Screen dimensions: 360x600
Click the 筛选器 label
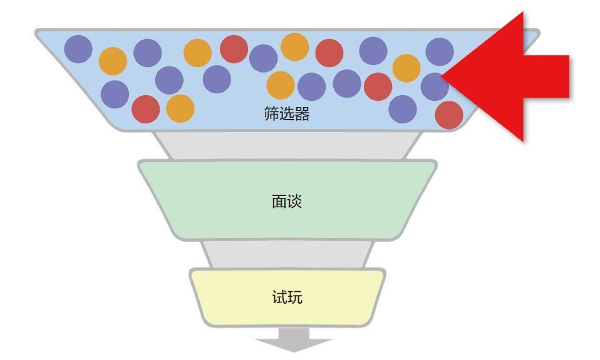click(x=286, y=115)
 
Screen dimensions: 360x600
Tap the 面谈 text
click(x=286, y=202)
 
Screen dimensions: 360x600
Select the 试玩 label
click(x=287, y=297)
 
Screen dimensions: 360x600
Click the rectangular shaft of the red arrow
click(x=545, y=76)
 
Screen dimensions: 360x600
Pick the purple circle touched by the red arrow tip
click(x=435, y=86)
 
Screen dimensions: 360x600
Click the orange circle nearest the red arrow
click(x=406, y=68)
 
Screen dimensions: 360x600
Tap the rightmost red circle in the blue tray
click(x=448, y=115)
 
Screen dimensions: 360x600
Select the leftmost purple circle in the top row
click(x=78, y=48)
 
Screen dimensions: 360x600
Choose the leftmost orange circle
click(x=113, y=61)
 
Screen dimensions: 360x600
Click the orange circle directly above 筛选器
click(x=281, y=85)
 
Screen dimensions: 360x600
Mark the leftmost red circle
click(x=145, y=109)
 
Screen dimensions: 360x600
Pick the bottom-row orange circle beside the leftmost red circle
click(x=180, y=108)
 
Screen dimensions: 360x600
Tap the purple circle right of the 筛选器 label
click(x=403, y=109)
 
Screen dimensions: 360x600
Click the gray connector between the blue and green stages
click(x=287, y=145)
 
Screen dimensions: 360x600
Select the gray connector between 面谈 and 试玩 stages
click(x=287, y=254)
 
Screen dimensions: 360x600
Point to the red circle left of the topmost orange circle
click(x=234, y=49)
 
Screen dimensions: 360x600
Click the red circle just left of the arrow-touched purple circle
click(x=378, y=86)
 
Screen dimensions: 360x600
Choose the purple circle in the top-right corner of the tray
click(x=439, y=51)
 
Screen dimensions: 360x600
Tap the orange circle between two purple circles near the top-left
click(x=113, y=61)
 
